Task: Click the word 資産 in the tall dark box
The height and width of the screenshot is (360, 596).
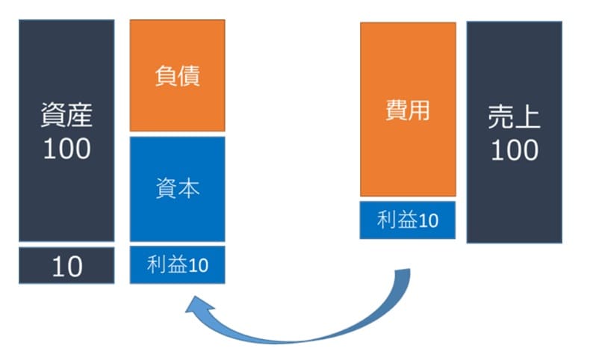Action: (x=66, y=115)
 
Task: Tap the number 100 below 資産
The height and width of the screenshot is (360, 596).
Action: (x=67, y=149)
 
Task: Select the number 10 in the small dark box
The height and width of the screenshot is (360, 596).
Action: (x=67, y=267)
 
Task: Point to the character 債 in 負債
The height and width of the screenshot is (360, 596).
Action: (x=189, y=75)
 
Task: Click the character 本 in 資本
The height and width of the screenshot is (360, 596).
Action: (x=189, y=187)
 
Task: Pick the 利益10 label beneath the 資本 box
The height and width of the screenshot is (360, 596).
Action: (x=178, y=264)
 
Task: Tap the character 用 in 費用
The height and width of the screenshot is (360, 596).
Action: (x=419, y=111)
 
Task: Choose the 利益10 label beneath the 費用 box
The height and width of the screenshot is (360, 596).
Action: (x=408, y=220)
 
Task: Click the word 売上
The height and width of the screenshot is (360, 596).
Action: (x=514, y=117)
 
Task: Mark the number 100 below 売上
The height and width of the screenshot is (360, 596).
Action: (x=515, y=150)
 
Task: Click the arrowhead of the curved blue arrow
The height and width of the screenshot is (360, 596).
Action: (x=195, y=304)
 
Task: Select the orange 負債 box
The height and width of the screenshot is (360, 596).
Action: (x=178, y=75)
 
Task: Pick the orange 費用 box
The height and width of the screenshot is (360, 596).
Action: (x=408, y=110)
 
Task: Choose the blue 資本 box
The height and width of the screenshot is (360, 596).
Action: (x=178, y=189)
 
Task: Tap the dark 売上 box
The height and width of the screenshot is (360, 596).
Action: (x=515, y=132)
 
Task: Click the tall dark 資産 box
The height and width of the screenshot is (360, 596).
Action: (x=66, y=131)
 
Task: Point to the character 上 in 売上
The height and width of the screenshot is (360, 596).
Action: (x=527, y=117)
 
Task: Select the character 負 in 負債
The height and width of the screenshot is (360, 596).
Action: (x=167, y=75)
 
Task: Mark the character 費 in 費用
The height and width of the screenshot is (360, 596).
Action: (x=397, y=111)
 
